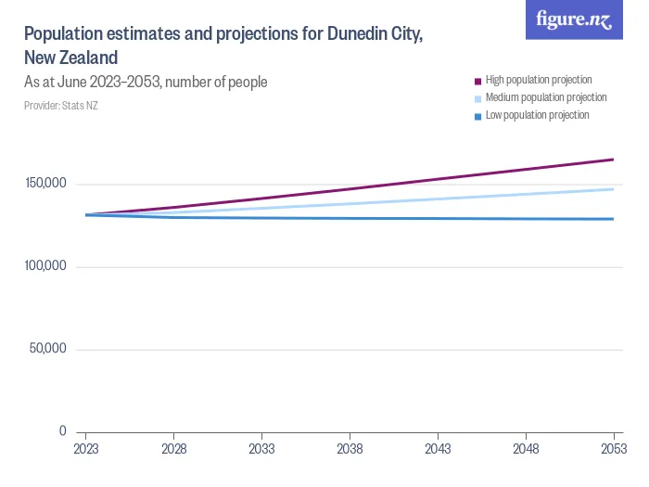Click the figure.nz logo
pyautogui.click(x=574, y=19)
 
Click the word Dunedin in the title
pyautogui.click(x=355, y=34)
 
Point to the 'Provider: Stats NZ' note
pyautogui.click(x=60, y=106)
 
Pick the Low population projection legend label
pyautogui.click(x=537, y=115)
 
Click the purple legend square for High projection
pyautogui.click(x=478, y=81)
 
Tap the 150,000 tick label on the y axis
pyautogui.click(x=44, y=184)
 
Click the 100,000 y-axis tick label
pyautogui.click(x=44, y=266)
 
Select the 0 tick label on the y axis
pyautogui.click(x=62, y=431)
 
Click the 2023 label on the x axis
pyautogui.click(x=85, y=448)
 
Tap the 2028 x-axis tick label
pyautogui.click(x=173, y=448)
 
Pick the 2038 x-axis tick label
pyautogui.click(x=350, y=448)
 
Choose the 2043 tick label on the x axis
pyautogui.click(x=438, y=448)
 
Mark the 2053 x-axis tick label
pyautogui.click(x=613, y=448)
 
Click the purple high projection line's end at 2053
pyautogui.click(x=613, y=160)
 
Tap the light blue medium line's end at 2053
pyautogui.click(x=613, y=189)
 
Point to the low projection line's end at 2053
pyautogui.click(x=613, y=219)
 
